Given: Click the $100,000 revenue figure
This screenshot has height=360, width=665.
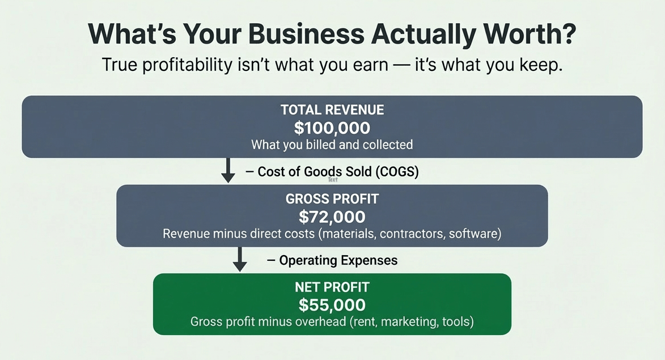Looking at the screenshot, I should click(332, 128).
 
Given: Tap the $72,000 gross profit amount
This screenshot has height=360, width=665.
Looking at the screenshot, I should click(332, 217).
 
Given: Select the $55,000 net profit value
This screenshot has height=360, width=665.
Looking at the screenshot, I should click(332, 305).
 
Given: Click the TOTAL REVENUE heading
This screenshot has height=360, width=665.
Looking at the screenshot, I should click(332, 110).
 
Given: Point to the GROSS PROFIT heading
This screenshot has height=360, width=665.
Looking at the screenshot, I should click(332, 199).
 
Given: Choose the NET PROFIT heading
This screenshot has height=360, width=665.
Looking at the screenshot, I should click(332, 287).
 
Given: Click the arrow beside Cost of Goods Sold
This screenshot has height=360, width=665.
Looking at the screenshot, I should click(228, 170).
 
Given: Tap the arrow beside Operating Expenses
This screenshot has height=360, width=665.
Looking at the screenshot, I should click(240, 259).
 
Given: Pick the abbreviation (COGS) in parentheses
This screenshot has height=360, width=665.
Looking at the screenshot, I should click(397, 172).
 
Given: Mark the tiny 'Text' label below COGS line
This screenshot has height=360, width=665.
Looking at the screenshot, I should click(333, 180).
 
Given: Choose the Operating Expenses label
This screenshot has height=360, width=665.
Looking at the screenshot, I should click(338, 260).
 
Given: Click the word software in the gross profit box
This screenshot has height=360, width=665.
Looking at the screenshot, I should click(473, 234).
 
